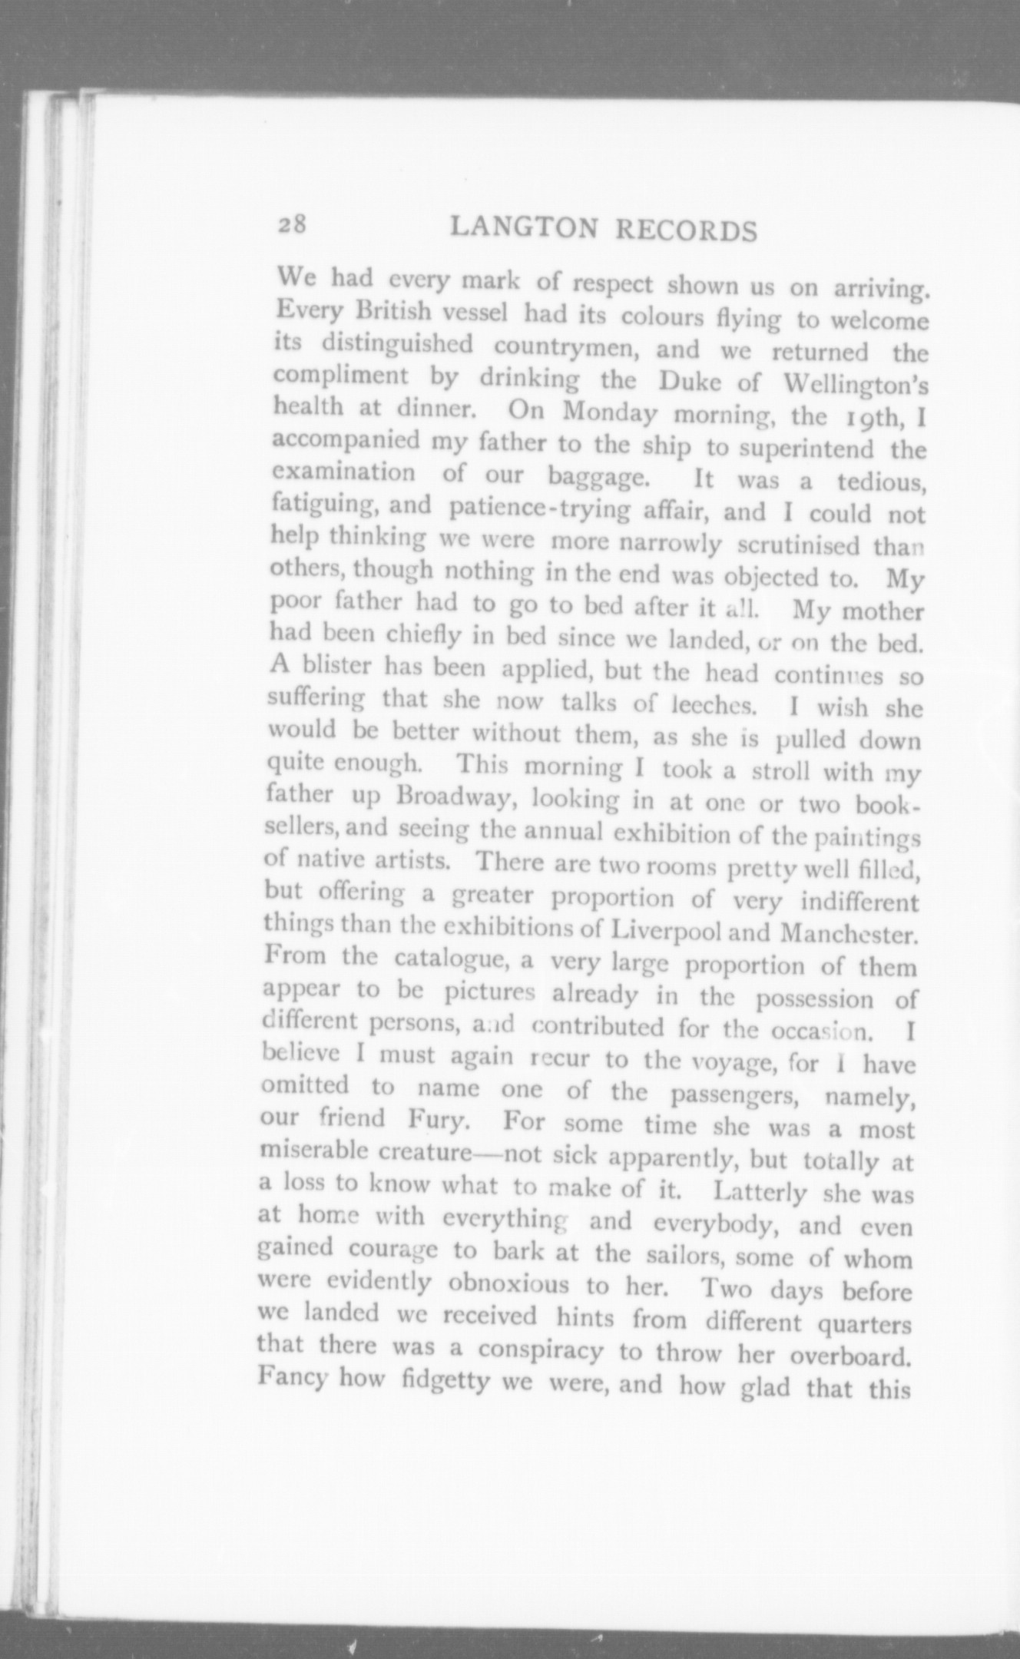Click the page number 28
pyautogui.click(x=293, y=224)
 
